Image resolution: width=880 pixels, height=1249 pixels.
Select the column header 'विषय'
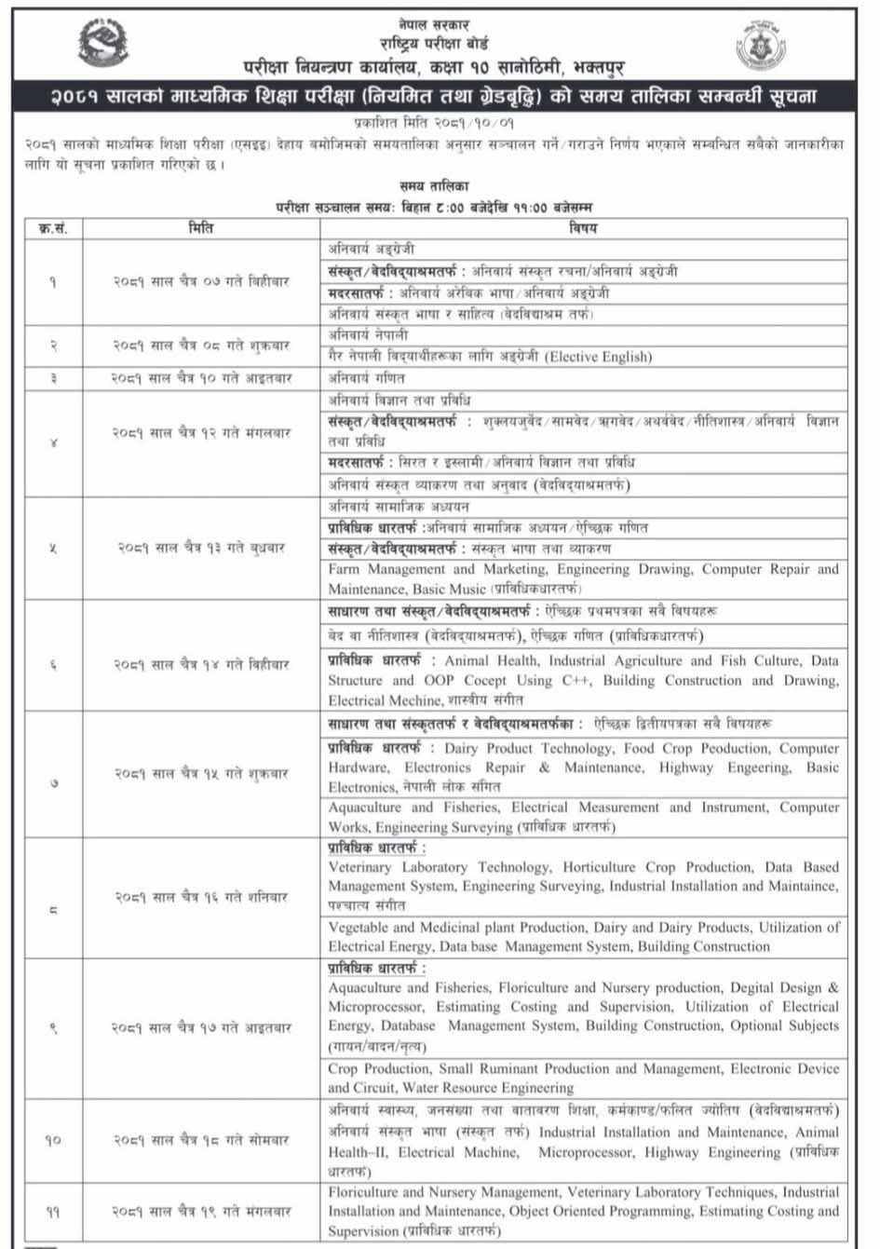click(x=583, y=227)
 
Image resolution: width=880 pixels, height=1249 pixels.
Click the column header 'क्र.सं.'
click(x=52, y=227)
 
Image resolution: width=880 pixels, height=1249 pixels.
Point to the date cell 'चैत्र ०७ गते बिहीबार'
click(x=201, y=280)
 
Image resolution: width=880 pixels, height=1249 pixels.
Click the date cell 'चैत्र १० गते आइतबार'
click(x=201, y=378)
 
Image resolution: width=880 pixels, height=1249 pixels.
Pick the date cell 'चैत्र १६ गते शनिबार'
click(x=201, y=897)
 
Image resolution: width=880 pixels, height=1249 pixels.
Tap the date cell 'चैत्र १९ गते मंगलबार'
click(x=201, y=1212)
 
